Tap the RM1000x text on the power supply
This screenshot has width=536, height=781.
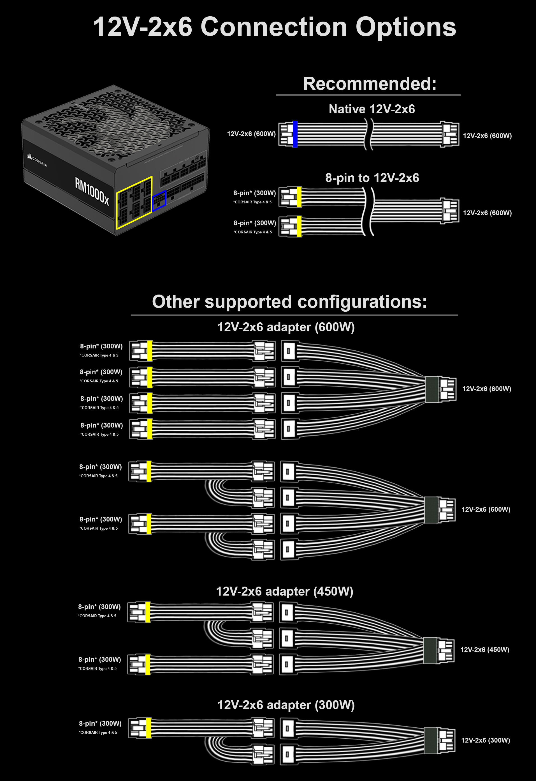[x=92, y=191]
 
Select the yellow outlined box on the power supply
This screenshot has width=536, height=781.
[x=134, y=203]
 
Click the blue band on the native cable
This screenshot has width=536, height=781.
[x=295, y=134]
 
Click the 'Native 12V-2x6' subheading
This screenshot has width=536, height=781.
[x=372, y=109]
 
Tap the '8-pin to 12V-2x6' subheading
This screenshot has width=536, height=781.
[x=372, y=178]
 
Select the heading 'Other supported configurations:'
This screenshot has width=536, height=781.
[x=289, y=301]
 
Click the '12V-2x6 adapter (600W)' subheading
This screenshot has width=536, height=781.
[x=286, y=327]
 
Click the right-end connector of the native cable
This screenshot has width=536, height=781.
[x=449, y=134]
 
